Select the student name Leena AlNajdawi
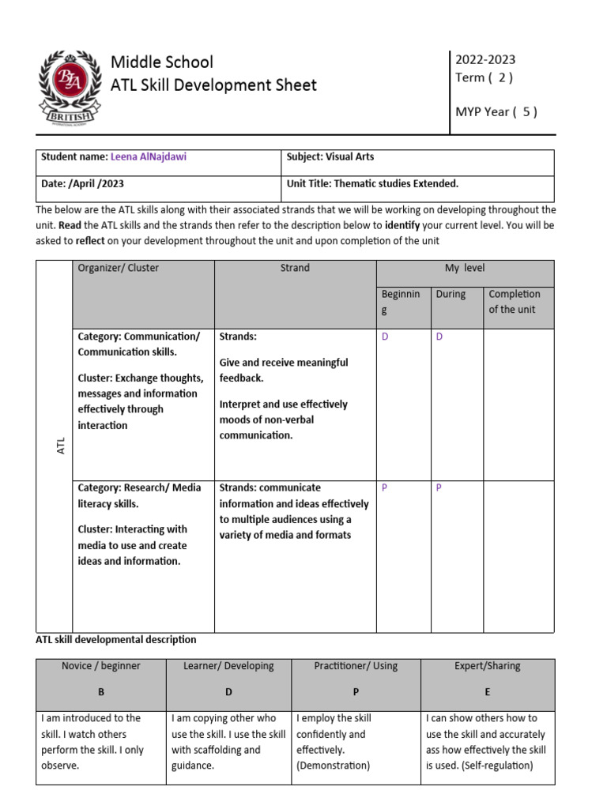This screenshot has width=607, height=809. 149,157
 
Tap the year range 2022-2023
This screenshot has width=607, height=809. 485,59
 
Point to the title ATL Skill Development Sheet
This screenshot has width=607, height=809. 213,85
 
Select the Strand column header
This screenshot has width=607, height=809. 295,269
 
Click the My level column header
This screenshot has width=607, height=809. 465,269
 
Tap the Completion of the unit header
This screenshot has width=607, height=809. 515,302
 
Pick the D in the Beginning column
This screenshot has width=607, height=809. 386,337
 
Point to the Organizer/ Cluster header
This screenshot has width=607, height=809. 119,269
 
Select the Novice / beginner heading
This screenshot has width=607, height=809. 101,666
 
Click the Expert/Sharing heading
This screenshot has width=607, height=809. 488,666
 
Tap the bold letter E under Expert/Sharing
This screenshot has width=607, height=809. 488,692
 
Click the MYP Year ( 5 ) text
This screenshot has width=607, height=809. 496,111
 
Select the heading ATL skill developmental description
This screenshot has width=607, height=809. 116,640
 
